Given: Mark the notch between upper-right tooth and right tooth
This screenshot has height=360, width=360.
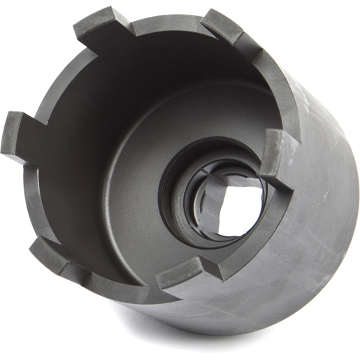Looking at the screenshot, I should click(262, 84).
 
